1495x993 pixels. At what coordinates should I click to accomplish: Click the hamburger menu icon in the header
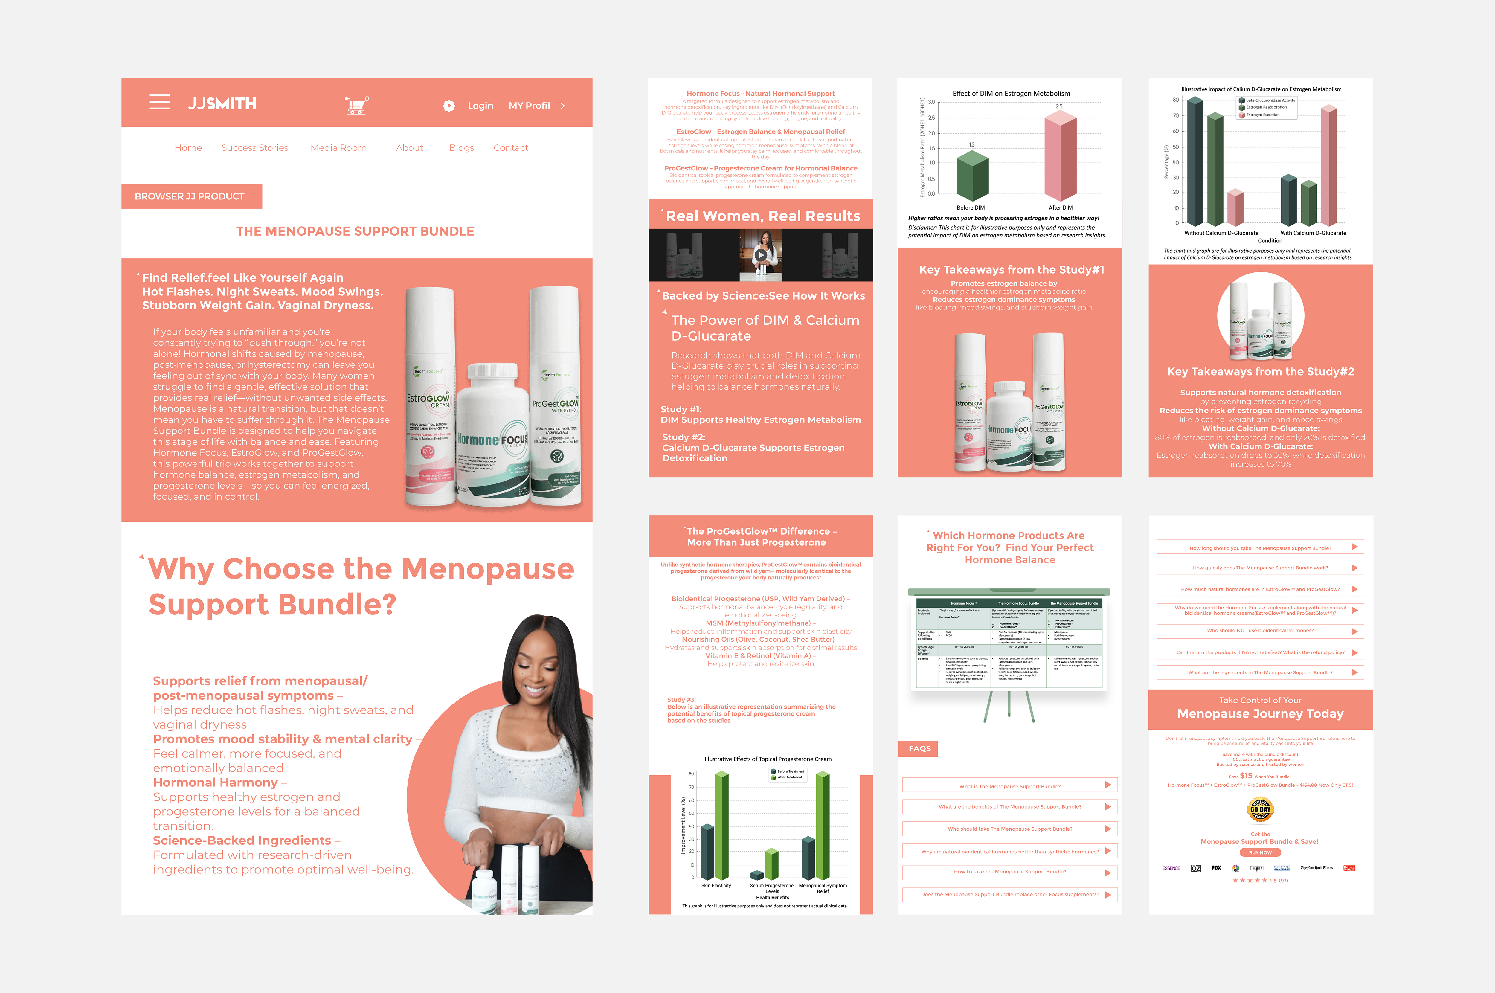point(160,102)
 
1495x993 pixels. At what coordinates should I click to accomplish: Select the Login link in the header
point(480,106)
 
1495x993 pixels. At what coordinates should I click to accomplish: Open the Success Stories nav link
point(254,147)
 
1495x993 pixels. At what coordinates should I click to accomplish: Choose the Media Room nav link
point(338,147)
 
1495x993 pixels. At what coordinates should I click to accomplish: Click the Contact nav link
point(510,147)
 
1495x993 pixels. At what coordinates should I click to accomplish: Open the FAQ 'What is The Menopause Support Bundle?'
point(1009,786)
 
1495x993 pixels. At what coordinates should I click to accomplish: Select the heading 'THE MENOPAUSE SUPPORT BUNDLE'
point(355,231)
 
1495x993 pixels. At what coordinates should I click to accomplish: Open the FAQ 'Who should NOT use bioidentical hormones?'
point(1260,631)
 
